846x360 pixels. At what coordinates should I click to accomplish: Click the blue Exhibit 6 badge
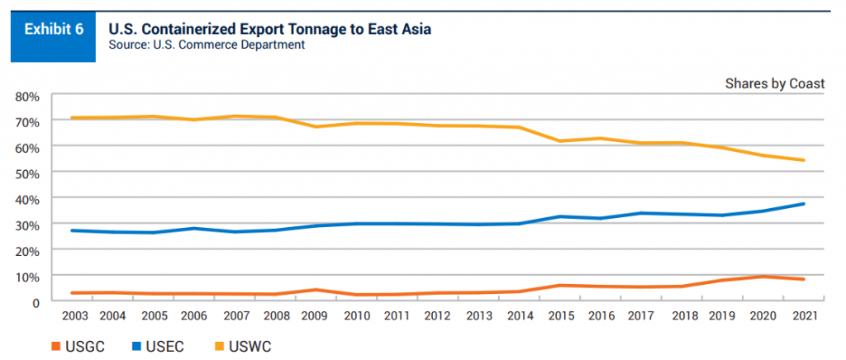53,31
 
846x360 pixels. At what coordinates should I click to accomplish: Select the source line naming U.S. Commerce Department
207,45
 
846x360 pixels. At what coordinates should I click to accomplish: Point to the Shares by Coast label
775,83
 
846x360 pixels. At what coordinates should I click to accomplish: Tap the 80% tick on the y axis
27,95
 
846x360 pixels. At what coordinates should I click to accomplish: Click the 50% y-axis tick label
27,173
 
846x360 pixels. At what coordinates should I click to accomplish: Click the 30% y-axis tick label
27,225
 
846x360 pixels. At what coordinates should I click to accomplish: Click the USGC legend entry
80,347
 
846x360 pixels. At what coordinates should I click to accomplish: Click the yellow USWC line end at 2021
803,160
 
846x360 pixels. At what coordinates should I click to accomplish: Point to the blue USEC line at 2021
803,204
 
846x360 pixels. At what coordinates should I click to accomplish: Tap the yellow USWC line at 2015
561,141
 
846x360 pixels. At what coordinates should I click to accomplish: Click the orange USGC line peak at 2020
764,277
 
